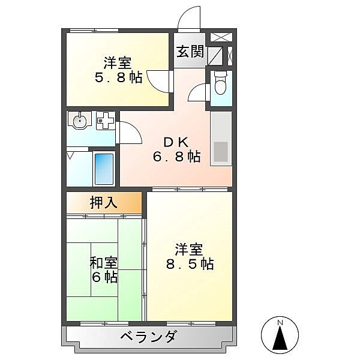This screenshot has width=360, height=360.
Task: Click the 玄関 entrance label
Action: (190, 51)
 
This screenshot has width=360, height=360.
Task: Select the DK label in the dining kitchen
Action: (177, 142)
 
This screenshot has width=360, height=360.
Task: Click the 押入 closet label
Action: (104, 203)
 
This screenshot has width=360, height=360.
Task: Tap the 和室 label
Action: (103, 263)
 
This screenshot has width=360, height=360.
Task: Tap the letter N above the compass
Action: (280, 323)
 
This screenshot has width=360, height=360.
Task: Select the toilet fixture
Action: (220, 83)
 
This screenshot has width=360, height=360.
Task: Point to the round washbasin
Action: (79, 121)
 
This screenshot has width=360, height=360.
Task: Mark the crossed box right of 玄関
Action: (220, 36)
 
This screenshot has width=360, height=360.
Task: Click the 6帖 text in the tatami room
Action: (103, 277)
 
